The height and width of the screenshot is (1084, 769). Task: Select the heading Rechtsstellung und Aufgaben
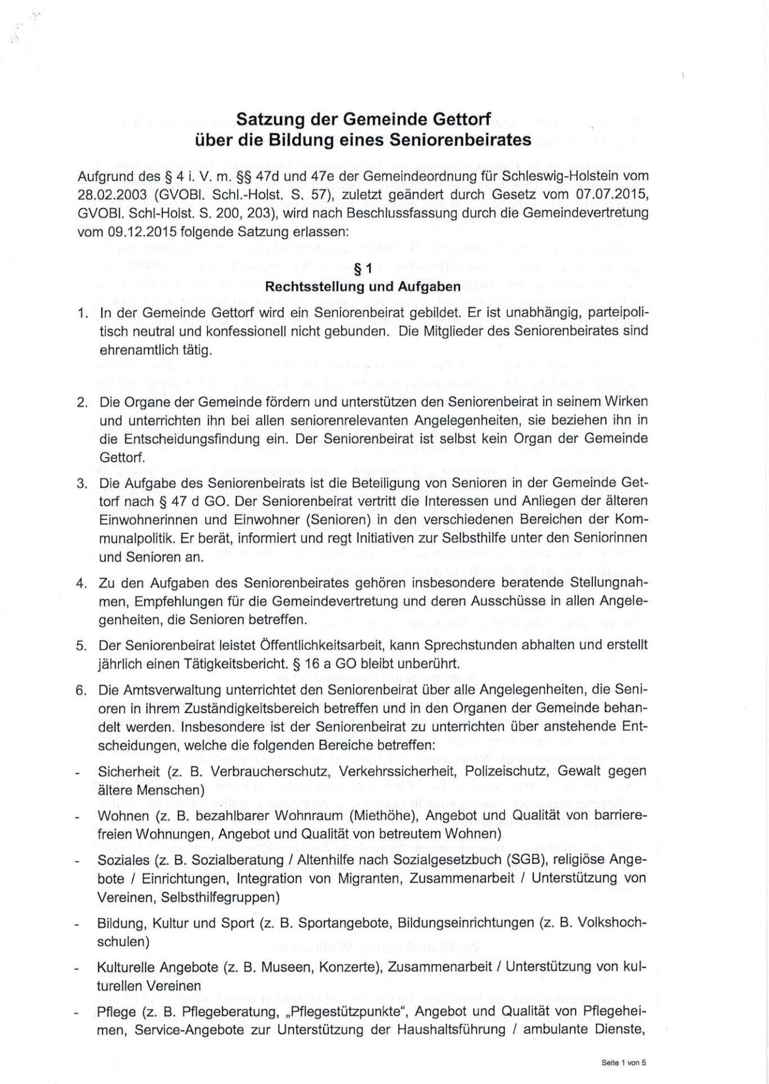(x=363, y=287)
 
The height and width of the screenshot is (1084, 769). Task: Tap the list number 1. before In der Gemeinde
(x=83, y=312)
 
